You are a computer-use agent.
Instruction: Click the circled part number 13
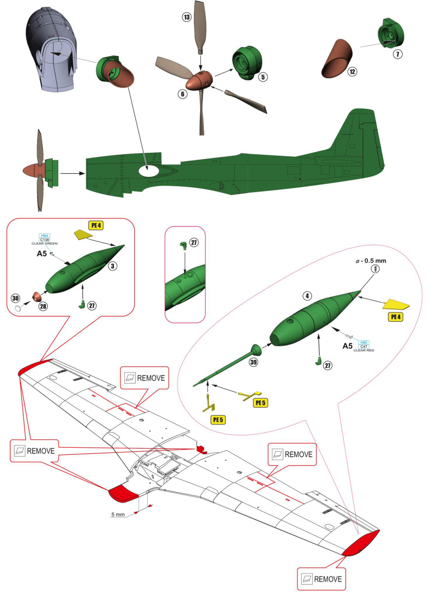coord(186,17)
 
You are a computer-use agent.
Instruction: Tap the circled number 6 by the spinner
coord(182,93)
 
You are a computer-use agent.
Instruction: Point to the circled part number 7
coord(397,54)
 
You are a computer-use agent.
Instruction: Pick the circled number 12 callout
coord(352,71)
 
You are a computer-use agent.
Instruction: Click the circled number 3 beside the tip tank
coord(113,266)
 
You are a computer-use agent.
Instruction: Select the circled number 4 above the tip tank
coord(308,296)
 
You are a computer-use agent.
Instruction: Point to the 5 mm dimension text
coord(118,514)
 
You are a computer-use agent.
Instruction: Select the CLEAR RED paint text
coord(363,351)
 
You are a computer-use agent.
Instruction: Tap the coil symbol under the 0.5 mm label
coord(375,269)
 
